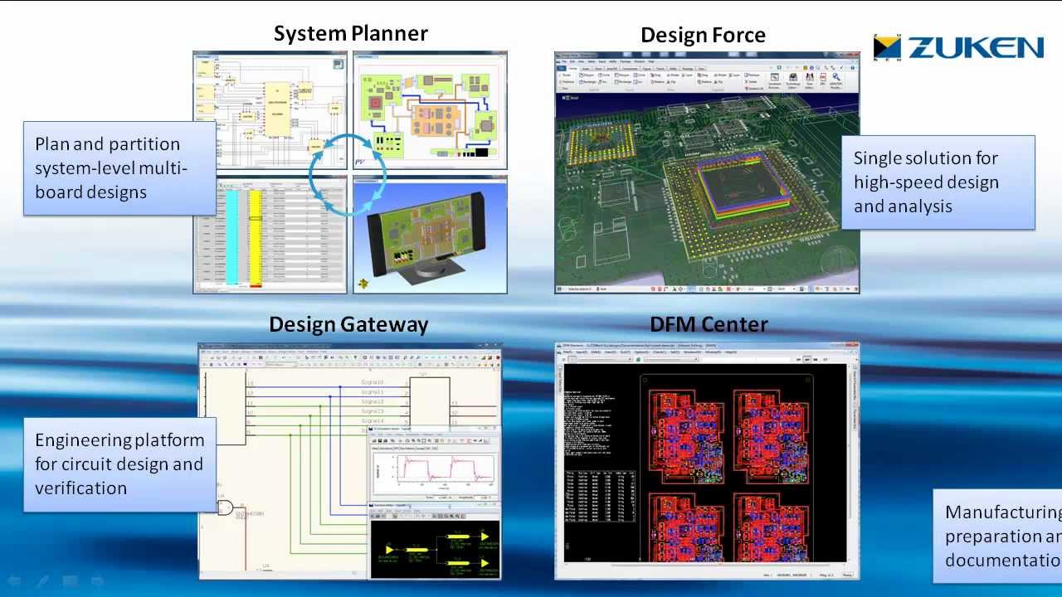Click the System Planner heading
point(350,34)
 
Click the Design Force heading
point(703,36)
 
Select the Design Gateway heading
point(348,325)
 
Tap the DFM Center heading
point(709,325)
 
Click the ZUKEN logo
point(959,48)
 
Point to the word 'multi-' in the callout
point(163,168)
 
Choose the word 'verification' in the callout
point(80,488)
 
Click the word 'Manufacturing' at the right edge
point(1002,512)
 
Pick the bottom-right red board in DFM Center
point(771,529)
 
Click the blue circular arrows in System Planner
point(348,174)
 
